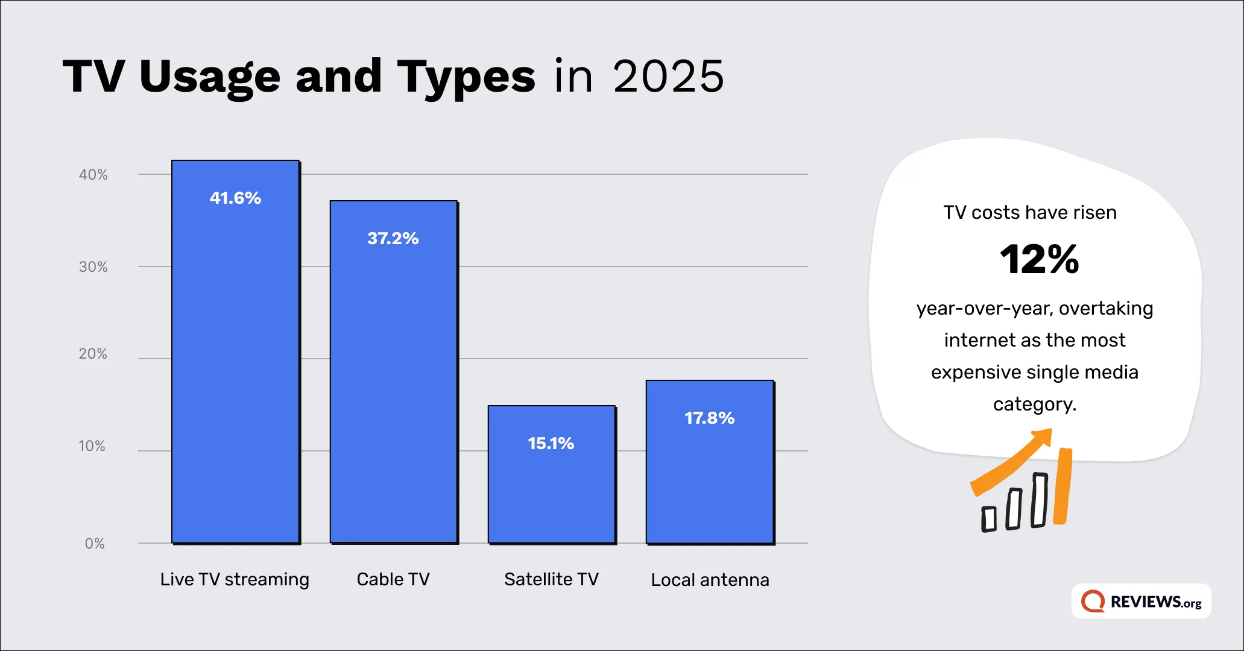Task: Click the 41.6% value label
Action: (235, 198)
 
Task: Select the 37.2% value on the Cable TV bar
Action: (393, 239)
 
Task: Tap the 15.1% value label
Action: (551, 444)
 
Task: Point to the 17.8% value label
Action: (709, 418)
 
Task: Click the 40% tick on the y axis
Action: (93, 175)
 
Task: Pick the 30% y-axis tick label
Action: (93, 267)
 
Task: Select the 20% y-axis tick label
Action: (93, 354)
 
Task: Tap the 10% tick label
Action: (92, 446)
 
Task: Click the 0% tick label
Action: (95, 544)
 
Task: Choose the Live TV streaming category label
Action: (235, 579)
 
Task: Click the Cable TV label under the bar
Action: (393, 579)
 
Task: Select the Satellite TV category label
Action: (551, 579)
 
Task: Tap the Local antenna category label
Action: (710, 580)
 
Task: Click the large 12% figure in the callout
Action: (1039, 260)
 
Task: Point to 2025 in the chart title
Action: (668, 77)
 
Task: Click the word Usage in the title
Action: (210, 77)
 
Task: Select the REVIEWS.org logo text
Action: (1155, 602)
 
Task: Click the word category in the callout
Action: (1035, 404)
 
